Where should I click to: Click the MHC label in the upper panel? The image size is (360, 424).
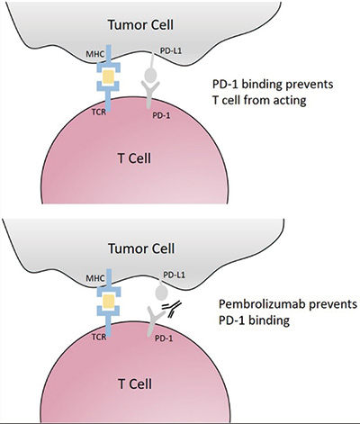95,55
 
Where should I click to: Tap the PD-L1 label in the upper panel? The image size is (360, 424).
171,51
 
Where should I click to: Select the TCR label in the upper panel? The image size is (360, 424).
98,113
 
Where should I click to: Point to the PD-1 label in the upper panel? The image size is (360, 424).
161,115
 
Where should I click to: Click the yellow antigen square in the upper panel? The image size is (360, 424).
108,77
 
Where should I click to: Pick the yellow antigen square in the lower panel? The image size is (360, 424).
108,302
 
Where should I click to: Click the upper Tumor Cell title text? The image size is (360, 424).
140,24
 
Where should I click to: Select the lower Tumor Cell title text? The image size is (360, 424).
141,248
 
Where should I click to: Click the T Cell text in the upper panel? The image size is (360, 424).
135,158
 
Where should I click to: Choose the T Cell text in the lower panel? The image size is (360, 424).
135,383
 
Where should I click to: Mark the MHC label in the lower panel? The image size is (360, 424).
95,278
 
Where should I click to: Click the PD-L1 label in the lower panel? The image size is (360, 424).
174,275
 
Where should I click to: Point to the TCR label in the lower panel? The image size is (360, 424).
99,337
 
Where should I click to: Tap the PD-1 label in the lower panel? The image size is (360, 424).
164,338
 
